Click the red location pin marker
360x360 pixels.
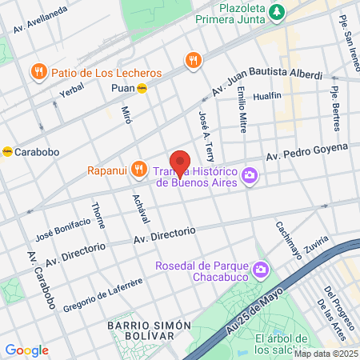pos(180,163)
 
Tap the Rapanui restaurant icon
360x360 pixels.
pos(139,168)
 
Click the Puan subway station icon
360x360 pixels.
pos(142,89)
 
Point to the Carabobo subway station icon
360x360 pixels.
pos(6,150)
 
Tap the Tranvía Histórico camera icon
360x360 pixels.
pos(250,174)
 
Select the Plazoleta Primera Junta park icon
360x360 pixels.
pos(277,11)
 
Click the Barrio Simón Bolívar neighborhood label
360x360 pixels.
pos(150,330)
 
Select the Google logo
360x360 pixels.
pos(26,350)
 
